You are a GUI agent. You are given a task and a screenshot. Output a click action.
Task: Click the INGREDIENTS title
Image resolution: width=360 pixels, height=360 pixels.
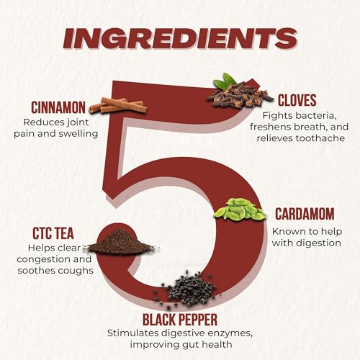[x=180, y=39]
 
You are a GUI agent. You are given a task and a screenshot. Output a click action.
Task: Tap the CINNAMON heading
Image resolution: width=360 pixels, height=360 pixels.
[x=58, y=107]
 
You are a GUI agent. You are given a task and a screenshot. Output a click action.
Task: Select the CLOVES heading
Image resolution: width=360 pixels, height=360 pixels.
[x=297, y=100]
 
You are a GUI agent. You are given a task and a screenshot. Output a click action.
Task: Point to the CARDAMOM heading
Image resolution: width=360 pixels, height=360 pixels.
[x=305, y=214]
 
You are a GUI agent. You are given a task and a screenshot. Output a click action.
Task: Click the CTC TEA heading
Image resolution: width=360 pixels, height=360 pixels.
[x=53, y=233]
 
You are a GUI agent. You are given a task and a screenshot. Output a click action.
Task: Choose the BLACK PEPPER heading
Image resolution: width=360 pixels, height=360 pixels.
[x=180, y=320]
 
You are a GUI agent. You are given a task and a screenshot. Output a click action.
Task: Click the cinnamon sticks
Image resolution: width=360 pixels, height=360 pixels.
[x=118, y=105]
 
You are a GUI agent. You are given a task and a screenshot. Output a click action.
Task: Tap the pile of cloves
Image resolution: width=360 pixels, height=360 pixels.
[x=240, y=96]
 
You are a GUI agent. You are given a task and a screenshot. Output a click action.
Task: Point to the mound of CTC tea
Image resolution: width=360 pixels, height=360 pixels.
[x=122, y=242]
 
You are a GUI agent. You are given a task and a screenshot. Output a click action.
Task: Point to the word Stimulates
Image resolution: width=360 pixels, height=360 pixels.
[x=133, y=333]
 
